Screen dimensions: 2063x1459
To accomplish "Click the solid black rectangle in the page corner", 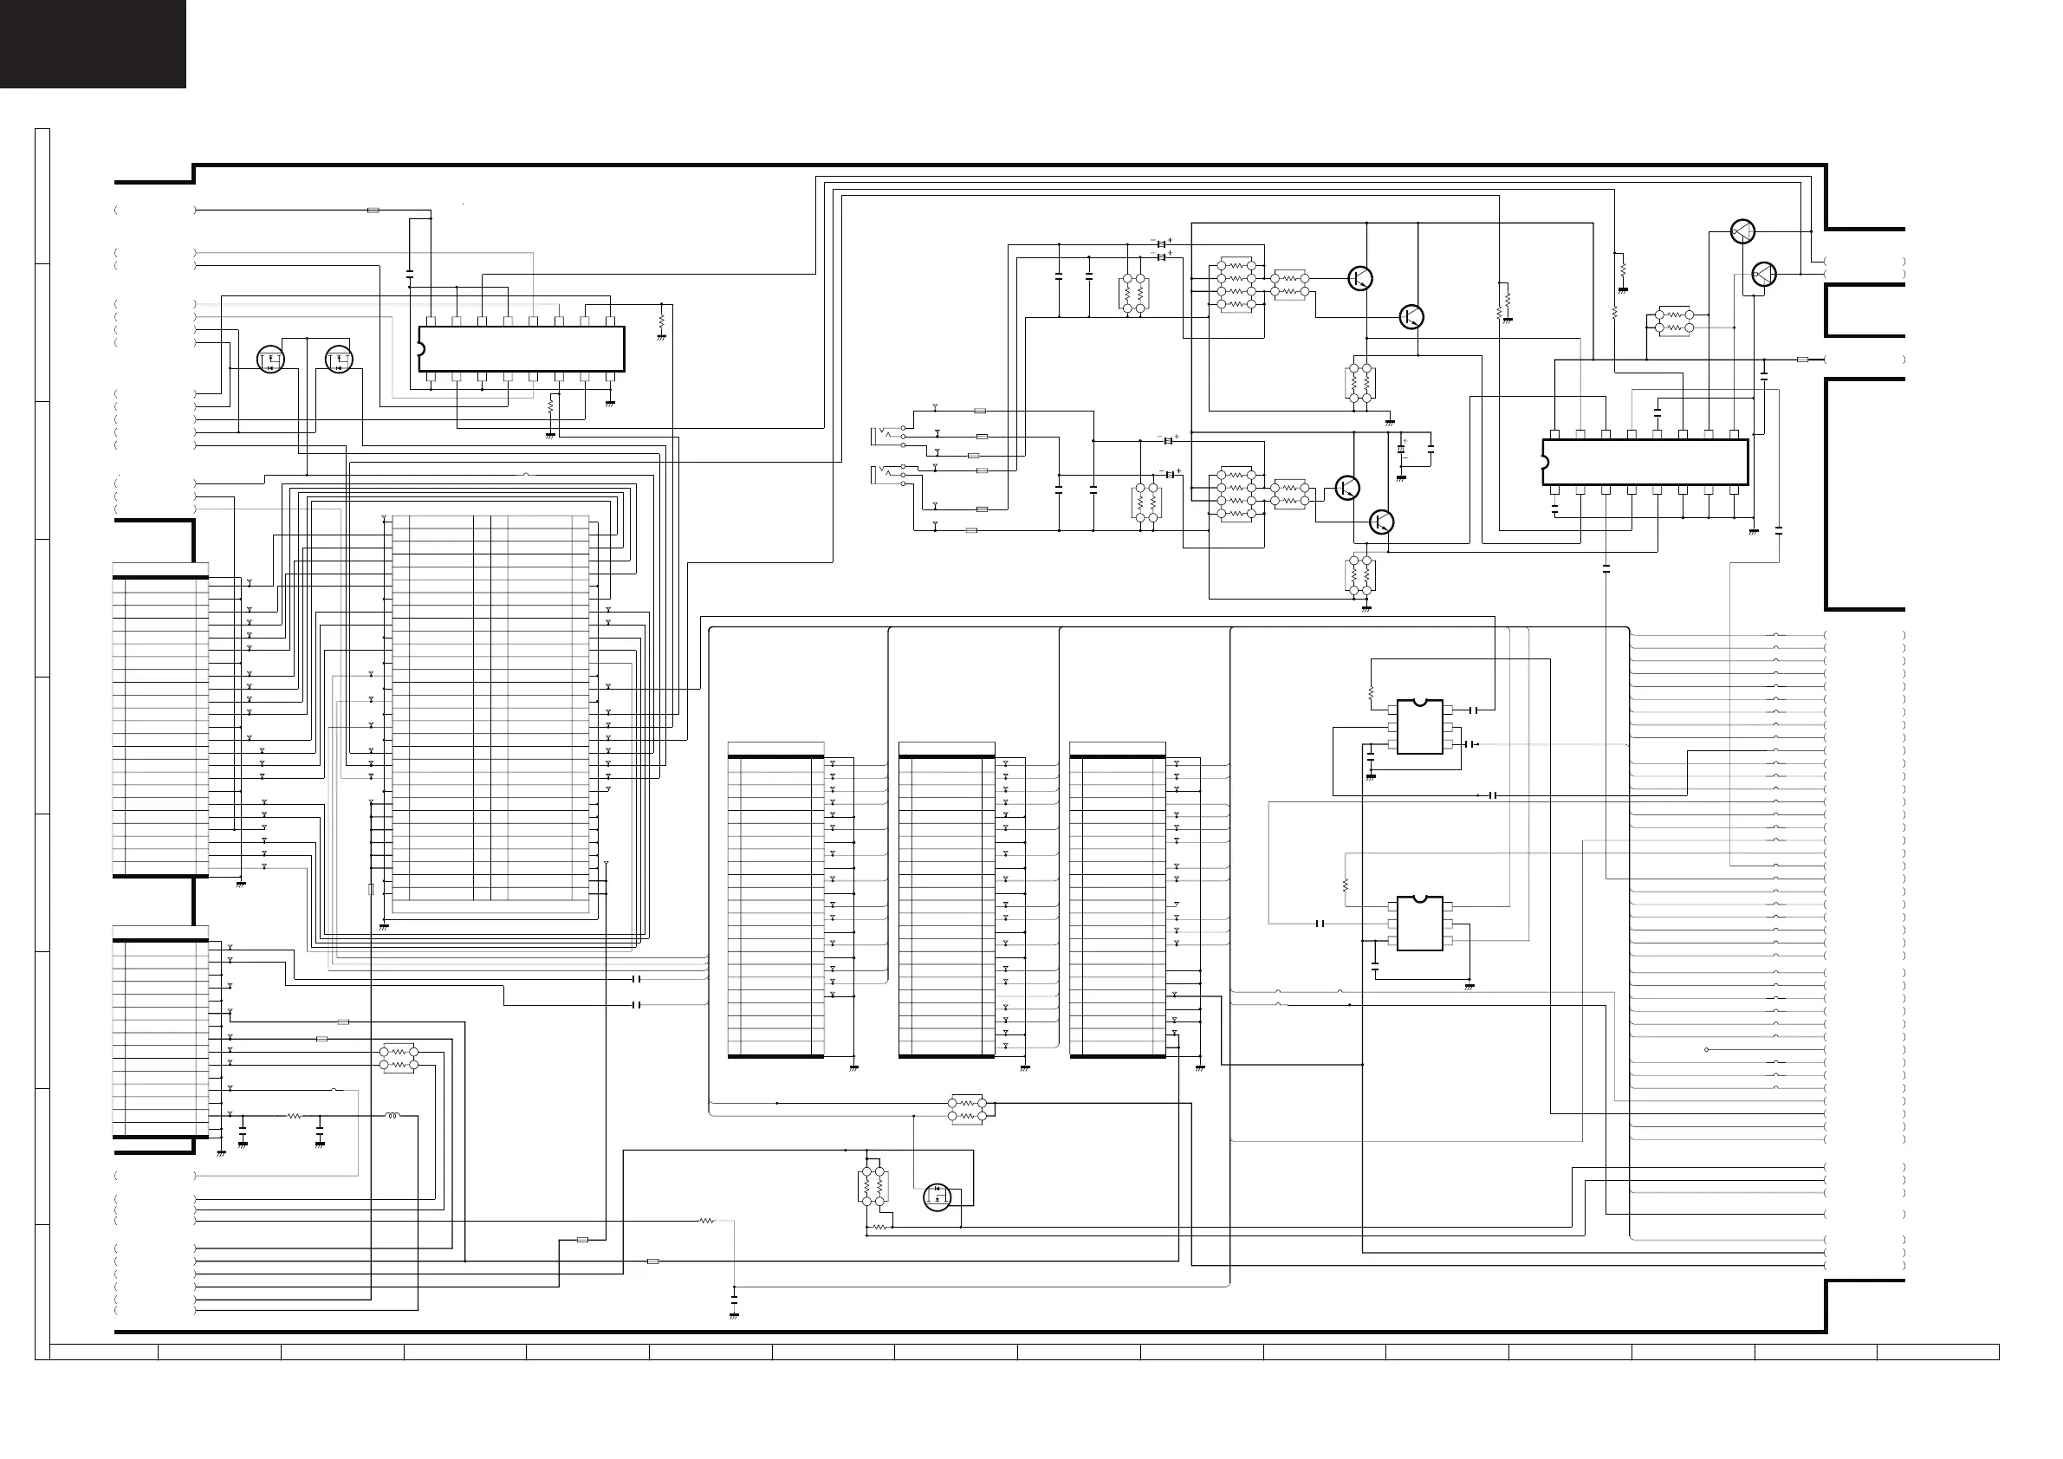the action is (x=93, y=43).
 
